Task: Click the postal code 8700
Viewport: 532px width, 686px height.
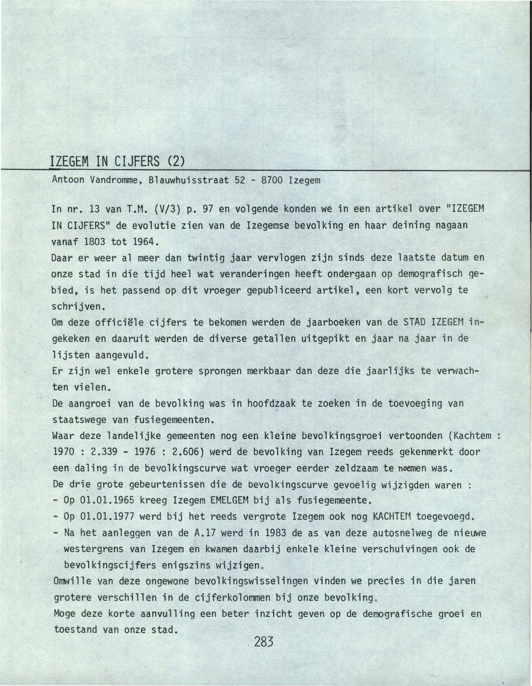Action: [272, 180]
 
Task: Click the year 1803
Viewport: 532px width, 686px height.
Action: [95, 242]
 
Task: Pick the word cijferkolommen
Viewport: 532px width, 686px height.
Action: [232, 597]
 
